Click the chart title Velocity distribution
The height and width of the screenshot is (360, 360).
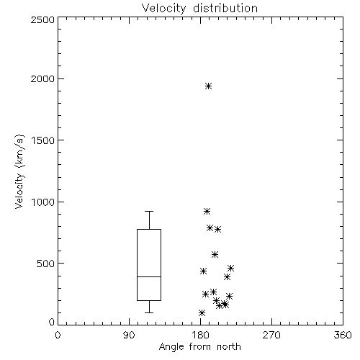pos(199,8)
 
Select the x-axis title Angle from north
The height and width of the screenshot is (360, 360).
pos(199,347)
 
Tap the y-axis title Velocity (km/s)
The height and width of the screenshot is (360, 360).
pos(19,171)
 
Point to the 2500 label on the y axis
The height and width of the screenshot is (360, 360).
pos(42,19)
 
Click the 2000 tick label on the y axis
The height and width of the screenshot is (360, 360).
pos(42,78)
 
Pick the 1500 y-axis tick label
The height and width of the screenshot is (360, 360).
pos(43,140)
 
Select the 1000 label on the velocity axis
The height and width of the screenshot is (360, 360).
pos(43,202)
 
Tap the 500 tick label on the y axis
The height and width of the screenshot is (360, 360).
pos(46,264)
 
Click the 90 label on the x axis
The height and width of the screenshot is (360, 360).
pos(129,335)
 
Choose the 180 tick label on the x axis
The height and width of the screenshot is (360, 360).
pos(200,335)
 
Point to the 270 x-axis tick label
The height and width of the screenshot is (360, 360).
pos(271,335)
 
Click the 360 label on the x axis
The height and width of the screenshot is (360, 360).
pos(343,335)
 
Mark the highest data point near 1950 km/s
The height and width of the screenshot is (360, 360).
pos(209,86)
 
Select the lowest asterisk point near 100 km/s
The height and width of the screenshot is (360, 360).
pos(202,312)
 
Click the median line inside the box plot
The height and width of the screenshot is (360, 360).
pos(149,276)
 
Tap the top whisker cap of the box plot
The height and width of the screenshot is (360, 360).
pos(149,211)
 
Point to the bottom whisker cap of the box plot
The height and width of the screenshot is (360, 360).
pos(149,312)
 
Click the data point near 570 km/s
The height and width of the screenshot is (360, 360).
pos(215,254)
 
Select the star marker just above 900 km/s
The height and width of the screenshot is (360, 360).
pos(207,211)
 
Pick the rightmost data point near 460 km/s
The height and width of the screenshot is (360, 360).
pos(230,268)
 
